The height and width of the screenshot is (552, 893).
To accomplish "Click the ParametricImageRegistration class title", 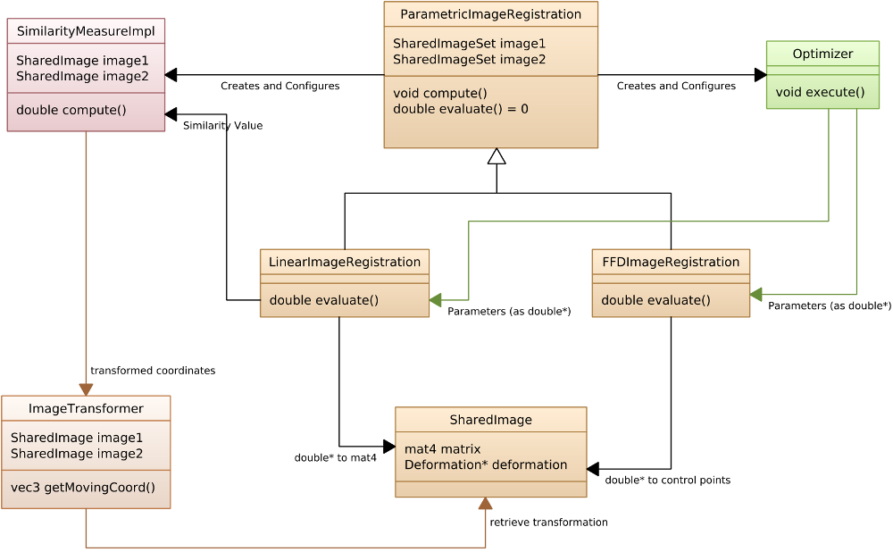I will [490, 14].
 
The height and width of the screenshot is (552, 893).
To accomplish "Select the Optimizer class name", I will [822, 54].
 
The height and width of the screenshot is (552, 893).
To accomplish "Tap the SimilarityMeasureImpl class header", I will [86, 31].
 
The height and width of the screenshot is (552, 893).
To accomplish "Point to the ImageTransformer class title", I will [86, 408].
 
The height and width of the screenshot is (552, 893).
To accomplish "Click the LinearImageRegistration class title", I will [345, 262].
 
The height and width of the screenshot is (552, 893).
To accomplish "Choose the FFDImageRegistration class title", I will [671, 262].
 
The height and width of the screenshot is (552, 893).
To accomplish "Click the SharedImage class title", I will [490, 420].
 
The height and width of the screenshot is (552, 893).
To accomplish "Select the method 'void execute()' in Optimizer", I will [820, 91].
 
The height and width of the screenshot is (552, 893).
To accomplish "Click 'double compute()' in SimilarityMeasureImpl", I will [71, 110].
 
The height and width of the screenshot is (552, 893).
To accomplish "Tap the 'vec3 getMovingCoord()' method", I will [83, 488].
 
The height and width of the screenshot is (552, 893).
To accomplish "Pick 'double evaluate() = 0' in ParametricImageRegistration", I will [461, 109].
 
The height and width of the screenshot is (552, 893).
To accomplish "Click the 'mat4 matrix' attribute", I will [442, 448].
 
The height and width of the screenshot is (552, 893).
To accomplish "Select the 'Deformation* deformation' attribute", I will [486, 464].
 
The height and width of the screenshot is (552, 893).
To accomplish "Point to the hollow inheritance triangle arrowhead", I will [497, 157].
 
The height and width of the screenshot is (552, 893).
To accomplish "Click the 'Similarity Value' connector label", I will [222, 126].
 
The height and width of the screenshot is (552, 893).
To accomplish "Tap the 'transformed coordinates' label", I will [153, 371].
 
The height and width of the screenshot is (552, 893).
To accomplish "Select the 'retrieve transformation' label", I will [548, 523].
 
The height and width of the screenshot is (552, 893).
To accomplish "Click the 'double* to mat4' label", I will [336, 458].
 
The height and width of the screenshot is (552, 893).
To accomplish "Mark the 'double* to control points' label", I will [667, 481].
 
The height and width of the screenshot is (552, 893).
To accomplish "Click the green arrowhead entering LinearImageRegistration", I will [436, 300].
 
